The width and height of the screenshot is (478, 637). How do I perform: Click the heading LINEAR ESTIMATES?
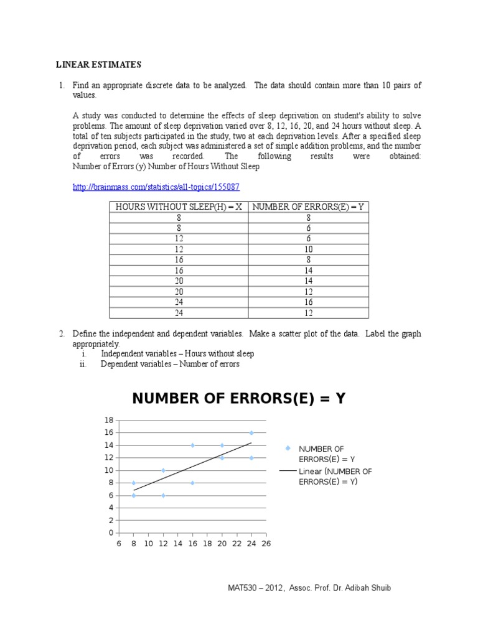(99, 65)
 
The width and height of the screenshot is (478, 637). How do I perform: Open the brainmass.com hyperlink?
(156, 187)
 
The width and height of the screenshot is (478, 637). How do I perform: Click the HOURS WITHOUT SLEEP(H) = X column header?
(179, 207)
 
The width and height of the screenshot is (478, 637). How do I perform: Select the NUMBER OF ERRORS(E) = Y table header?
(308, 207)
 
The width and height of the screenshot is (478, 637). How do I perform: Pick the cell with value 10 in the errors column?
(308, 249)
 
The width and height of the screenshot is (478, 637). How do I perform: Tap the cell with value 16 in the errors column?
(308, 302)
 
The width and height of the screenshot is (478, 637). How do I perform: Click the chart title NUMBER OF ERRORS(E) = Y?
(239, 399)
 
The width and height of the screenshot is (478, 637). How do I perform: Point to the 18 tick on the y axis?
(110, 421)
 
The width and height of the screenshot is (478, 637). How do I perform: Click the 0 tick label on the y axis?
(111, 533)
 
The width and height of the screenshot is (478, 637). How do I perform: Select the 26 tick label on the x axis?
(266, 544)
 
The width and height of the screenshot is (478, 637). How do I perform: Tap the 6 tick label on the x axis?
(119, 544)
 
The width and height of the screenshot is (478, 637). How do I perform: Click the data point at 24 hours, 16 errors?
(251, 432)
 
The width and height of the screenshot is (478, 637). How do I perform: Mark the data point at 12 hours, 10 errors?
(163, 470)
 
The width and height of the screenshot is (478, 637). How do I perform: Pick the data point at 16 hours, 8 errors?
(192, 483)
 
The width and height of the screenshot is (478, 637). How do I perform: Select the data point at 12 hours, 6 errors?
(163, 495)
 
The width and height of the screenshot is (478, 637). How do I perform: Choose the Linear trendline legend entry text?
(335, 477)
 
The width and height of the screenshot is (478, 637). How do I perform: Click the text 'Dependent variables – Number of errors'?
(170, 364)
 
